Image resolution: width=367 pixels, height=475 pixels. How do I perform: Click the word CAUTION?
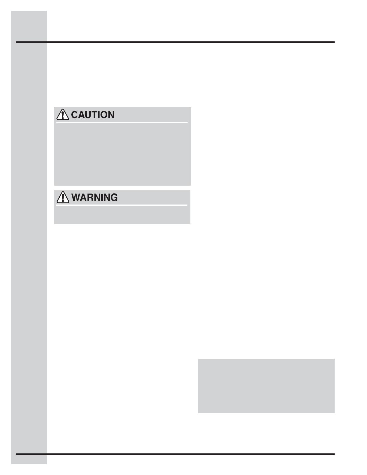93,115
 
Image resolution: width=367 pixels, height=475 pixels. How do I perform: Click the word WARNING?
94,197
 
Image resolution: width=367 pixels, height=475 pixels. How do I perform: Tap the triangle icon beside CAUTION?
63,115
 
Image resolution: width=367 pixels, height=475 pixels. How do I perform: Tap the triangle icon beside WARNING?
63,197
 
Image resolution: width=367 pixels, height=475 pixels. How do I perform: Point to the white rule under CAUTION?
122,123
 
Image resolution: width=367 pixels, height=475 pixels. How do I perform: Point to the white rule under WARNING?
122,205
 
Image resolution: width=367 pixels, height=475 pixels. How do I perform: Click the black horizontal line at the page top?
175,42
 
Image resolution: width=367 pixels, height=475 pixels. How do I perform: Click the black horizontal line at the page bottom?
175,454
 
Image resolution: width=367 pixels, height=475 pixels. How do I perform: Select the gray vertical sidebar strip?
28,237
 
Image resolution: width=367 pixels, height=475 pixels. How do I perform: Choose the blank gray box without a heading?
266,386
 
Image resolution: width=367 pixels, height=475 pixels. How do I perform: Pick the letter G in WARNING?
114,197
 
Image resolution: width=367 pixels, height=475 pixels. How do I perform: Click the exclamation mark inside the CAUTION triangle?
63,115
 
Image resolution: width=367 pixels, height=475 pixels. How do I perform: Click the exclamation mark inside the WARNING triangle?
63,198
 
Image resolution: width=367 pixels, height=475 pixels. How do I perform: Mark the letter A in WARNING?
84,197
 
